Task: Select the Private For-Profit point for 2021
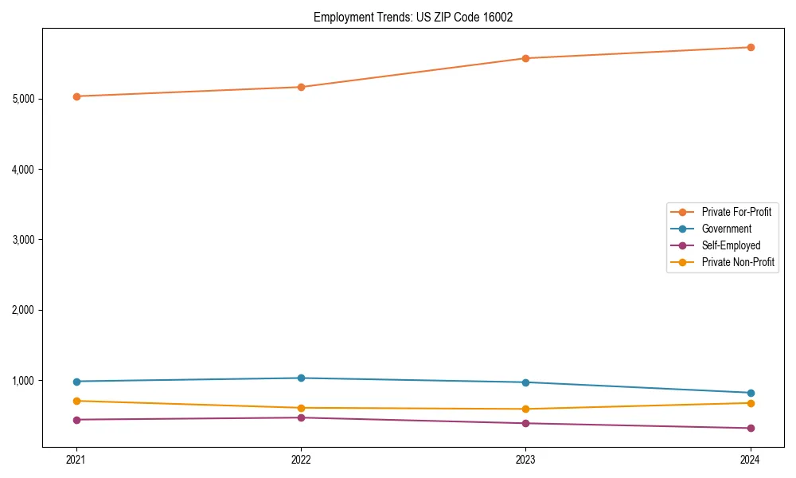[x=76, y=96]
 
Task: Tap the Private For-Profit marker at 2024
[x=751, y=47]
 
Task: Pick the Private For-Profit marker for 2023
[x=525, y=58]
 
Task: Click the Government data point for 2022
[x=301, y=378]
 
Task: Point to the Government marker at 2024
[x=751, y=393]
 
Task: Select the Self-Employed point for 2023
[x=525, y=423]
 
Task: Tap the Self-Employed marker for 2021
[x=76, y=420]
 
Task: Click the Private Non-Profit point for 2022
[x=301, y=408]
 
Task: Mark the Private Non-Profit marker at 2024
[x=751, y=403]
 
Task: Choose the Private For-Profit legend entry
[x=736, y=212]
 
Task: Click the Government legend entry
[x=726, y=229]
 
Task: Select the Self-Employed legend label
[x=731, y=245]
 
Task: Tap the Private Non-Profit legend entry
[x=738, y=262]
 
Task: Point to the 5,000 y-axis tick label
[x=22, y=99]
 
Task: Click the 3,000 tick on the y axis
[x=22, y=240]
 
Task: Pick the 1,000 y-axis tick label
[x=22, y=381]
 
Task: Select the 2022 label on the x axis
[x=301, y=459]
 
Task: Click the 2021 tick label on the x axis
[x=76, y=459]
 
